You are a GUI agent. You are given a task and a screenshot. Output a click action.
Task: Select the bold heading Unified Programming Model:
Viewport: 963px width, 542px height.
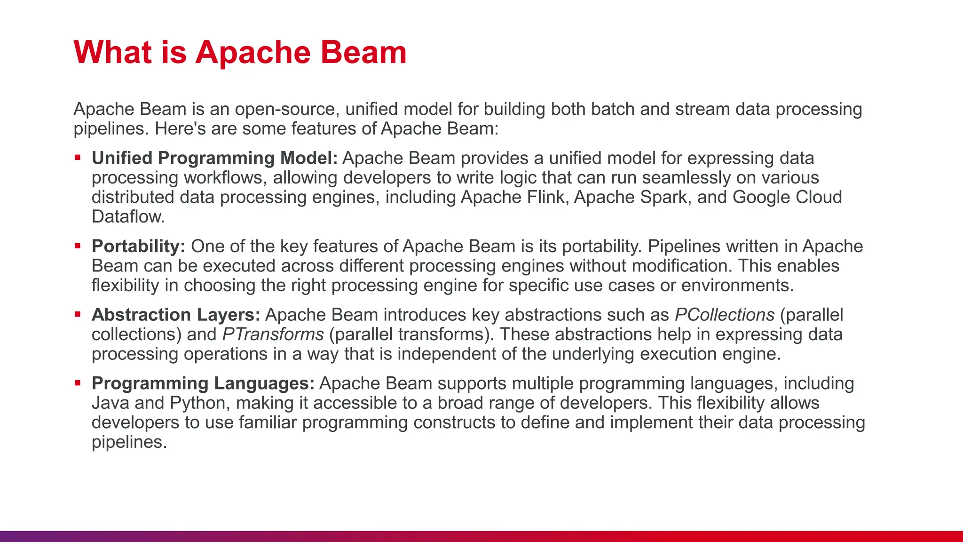tap(214, 158)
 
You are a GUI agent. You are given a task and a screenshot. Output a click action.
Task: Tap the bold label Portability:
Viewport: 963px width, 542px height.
tap(138, 246)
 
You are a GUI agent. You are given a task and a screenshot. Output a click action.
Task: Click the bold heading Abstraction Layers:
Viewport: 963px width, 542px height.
tap(175, 315)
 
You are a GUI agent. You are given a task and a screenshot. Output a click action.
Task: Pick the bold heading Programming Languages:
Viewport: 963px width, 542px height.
tap(203, 383)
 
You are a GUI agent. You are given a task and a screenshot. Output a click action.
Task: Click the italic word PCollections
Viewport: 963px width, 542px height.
tap(724, 315)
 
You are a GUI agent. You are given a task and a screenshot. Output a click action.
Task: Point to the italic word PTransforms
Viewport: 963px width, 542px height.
tap(273, 335)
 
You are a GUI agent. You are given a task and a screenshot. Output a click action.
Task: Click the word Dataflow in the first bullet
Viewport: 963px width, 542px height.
tap(127, 217)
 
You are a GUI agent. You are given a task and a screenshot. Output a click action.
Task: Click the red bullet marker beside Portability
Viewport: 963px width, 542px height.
tap(78, 246)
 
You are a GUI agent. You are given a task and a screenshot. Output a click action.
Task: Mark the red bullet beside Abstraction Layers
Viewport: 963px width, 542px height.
tap(78, 314)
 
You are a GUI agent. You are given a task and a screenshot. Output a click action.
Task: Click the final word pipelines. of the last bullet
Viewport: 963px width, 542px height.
tap(129, 442)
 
